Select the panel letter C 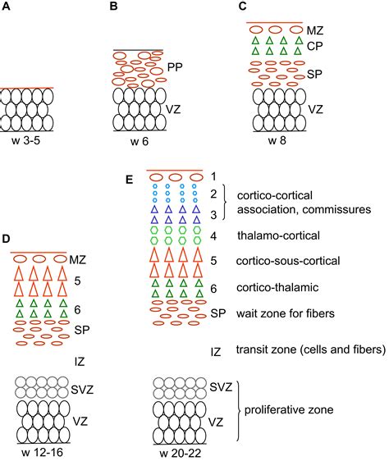click(x=243, y=6)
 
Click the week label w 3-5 click(x=27, y=140)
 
